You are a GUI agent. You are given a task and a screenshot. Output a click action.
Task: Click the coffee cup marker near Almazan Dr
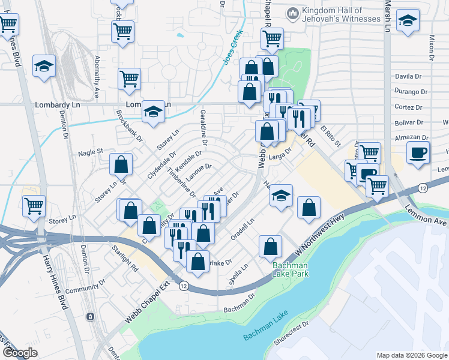pyautogui.click(x=418, y=152)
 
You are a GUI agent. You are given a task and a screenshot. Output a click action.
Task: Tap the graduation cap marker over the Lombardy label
pyautogui.click(x=154, y=112)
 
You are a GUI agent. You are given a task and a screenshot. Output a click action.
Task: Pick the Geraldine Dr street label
pyautogui.click(x=203, y=128)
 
